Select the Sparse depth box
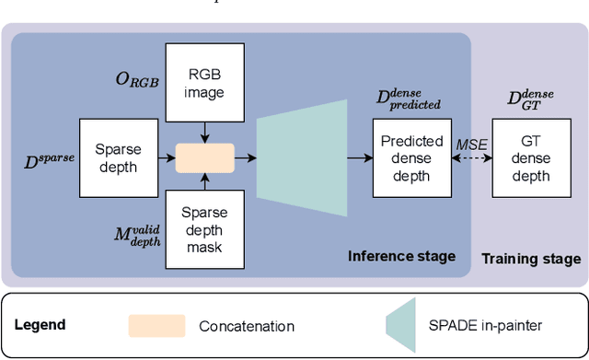click(117, 157)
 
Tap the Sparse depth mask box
click(206, 229)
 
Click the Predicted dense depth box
click(411, 157)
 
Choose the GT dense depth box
click(531, 157)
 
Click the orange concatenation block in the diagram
click(206, 157)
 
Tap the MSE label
click(471, 143)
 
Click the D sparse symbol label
click(48, 164)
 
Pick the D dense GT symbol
click(532, 99)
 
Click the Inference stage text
click(402, 256)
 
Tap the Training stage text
click(531, 259)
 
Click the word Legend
click(40, 324)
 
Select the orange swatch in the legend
click(156, 325)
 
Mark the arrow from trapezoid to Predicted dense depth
click(360, 158)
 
